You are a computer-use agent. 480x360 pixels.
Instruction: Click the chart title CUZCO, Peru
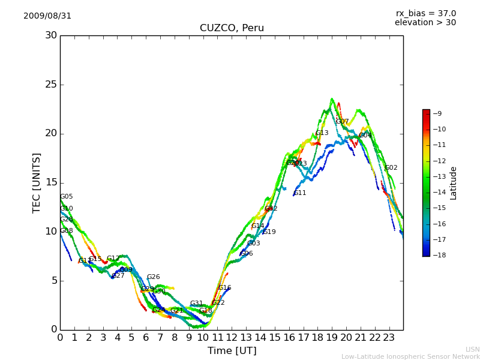[x=232, y=28]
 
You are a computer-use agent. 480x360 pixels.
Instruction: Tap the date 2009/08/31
[x=47, y=16]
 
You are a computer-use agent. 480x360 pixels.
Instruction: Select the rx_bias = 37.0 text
[x=425, y=13]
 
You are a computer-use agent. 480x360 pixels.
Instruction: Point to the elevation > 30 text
[x=425, y=23]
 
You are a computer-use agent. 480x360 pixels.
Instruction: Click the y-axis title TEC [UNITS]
[x=37, y=182]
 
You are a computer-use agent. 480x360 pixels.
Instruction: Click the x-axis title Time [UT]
[x=232, y=350]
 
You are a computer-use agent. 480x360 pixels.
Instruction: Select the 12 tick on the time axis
[x=232, y=338]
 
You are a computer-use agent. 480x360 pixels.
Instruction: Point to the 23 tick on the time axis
[x=389, y=338]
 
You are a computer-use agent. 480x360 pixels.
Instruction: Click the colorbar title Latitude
[x=454, y=182]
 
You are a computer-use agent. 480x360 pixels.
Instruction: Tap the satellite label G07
[x=342, y=121]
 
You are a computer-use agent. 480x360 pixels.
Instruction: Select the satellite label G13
[x=322, y=133]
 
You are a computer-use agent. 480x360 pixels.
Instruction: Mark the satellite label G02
[x=391, y=167]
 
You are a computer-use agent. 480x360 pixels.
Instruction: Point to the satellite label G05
[x=66, y=196]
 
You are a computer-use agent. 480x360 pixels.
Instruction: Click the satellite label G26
[x=153, y=277]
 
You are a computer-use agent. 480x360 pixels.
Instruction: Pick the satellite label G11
[x=300, y=193]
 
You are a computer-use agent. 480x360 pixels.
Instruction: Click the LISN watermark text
[x=472, y=349]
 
